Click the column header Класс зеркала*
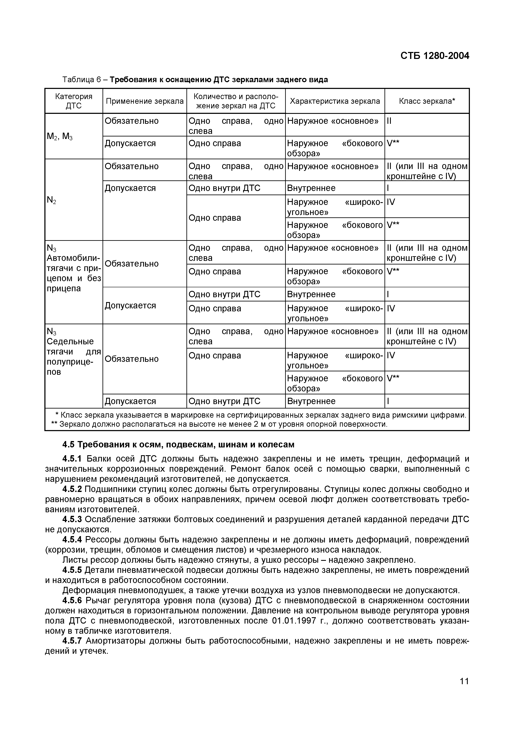427,101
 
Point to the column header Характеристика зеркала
335,101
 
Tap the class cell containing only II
389,121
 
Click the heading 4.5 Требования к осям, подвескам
178,445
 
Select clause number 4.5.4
72,540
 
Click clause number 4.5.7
72,641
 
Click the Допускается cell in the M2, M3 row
130,143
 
